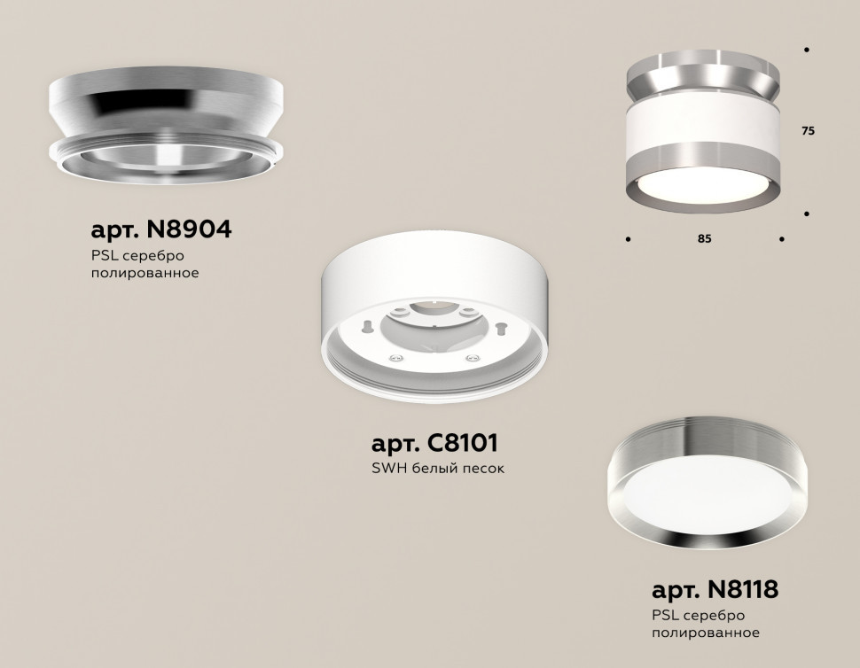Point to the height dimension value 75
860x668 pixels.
click(808, 131)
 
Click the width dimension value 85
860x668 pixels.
click(705, 239)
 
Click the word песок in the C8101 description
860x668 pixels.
click(483, 468)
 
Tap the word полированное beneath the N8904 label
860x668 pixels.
click(145, 274)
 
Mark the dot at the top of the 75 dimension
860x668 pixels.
click(806, 50)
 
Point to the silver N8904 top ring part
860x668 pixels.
click(164, 111)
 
